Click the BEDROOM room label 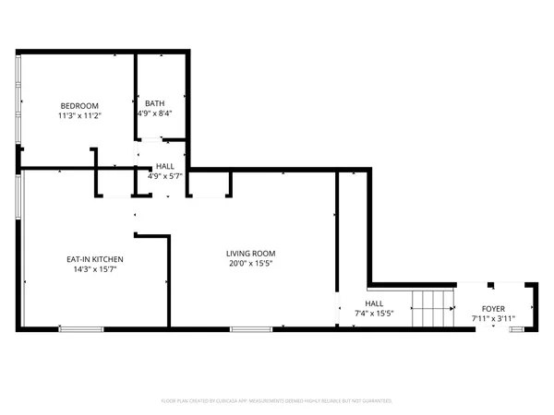point(79,105)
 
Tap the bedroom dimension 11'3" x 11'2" point(79,116)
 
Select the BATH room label point(154,102)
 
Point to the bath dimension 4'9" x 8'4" point(154,113)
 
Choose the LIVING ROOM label point(251,254)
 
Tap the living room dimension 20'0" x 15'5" point(251,264)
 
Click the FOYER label point(493,309)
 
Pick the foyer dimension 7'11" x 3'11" point(493,319)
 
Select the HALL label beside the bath point(164,166)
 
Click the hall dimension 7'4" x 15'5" point(374,314)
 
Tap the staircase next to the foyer point(432,308)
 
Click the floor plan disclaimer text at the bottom point(277,401)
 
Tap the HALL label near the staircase point(374,303)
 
